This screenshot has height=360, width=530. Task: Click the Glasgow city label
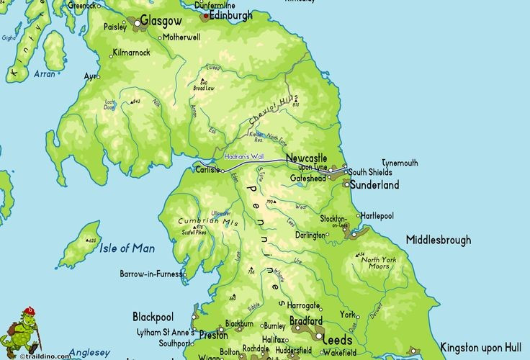coord(161,22)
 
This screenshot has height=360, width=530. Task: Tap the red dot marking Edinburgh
coord(206,14)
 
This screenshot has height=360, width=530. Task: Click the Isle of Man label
coord(127,248)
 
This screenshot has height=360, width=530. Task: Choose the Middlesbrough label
coord(438,240)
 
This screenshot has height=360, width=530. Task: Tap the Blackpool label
coord(153,317)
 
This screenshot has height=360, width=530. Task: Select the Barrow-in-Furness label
coord(150,274)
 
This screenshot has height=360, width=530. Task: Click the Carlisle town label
coord(207,171)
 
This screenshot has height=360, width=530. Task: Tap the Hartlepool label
coord(377,215)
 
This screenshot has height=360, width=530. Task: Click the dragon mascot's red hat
coord(28,311)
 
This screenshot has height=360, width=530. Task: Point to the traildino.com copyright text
coord(45,356)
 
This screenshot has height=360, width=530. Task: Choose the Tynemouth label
coord(399,163)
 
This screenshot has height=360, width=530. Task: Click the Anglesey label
coord(89,352)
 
